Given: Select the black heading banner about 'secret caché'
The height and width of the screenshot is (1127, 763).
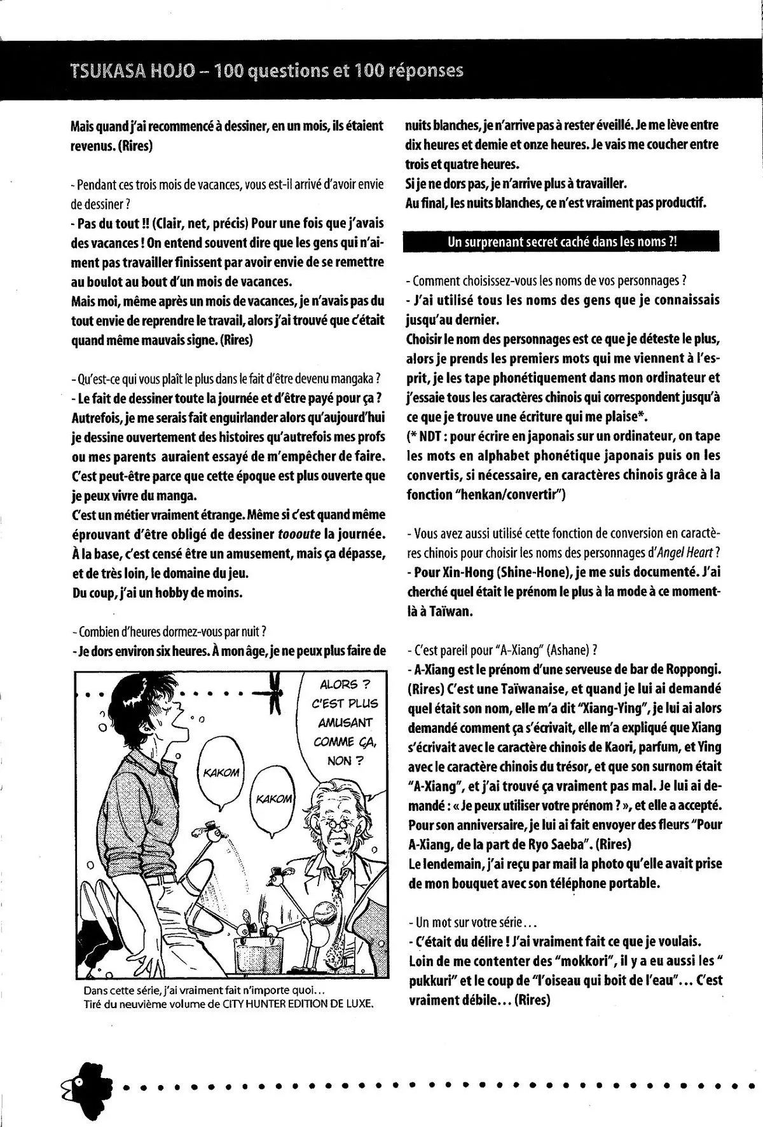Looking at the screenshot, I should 561,242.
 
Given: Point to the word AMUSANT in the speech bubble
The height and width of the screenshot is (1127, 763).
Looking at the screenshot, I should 342,723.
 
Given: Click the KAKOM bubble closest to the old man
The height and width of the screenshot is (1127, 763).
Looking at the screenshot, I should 273,799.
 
